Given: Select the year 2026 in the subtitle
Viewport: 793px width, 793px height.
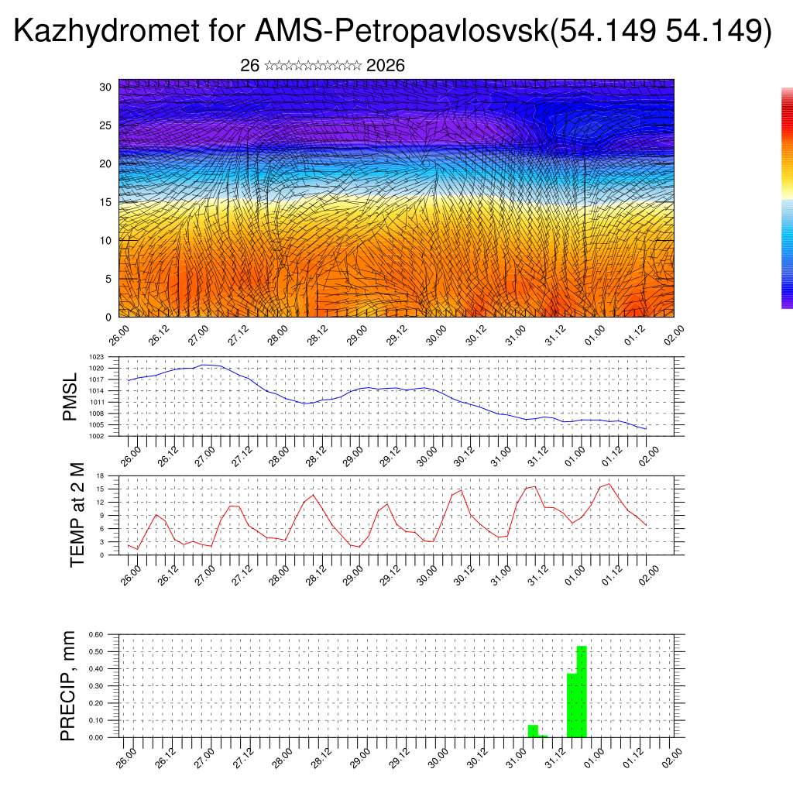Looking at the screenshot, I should pyautogui.click(x=385, y=66).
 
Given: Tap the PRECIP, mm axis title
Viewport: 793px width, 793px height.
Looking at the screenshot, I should pyautogui.click(x=69, y=686).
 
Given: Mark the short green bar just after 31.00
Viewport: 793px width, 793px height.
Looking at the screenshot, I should pyautogui.click(x=533, y=731).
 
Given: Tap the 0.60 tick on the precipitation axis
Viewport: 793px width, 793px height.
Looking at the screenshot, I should pyautogui.click(x=96, y=634).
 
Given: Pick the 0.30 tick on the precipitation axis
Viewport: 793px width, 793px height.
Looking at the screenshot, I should pyautogui.click(x=96, y=686).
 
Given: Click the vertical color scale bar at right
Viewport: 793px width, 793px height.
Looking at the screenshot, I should pyautogui.click(x=787, y=198).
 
